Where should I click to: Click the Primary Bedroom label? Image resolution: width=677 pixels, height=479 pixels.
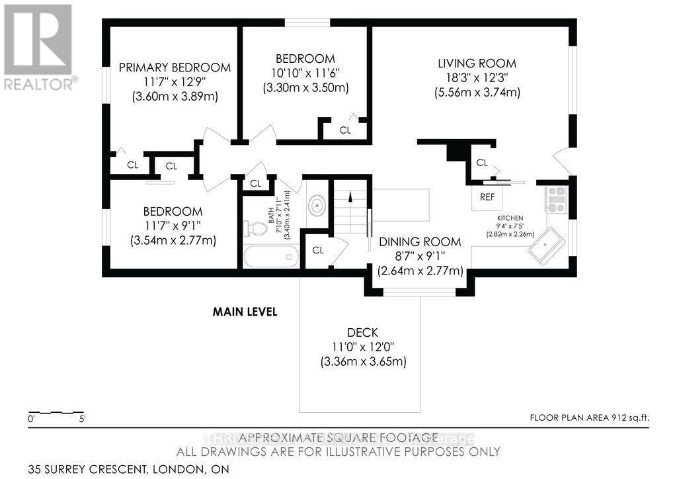point(175,67)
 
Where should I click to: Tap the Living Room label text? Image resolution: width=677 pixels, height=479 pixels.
point(477,64)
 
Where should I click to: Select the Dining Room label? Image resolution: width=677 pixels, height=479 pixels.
point(420,242)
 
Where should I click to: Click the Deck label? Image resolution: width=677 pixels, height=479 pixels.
point(363,332)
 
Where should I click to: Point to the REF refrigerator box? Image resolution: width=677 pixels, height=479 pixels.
point(487,197)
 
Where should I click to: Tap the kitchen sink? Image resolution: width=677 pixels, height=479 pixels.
point(545,246)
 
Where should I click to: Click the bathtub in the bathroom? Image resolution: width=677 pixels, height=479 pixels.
point(271,257)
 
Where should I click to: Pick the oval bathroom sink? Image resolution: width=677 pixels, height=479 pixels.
point(317,205)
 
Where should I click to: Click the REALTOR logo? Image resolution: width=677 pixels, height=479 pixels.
point(38,47)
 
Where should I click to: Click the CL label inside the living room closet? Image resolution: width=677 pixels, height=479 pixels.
point(481,162)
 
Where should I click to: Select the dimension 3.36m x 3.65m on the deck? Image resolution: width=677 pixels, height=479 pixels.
point(363,361)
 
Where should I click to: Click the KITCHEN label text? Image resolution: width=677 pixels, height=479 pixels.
point(510,218)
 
